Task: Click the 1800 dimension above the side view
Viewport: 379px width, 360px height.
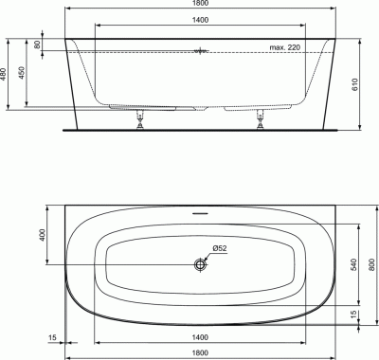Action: pyautogui.click(x=200, y=3)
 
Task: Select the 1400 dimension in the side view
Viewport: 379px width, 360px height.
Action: pyautogui.click(x=200, y=20)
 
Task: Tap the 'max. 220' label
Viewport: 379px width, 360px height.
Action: pyautogui.click(x=284, y=47)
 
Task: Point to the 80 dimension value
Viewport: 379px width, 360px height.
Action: pyautogui.click(x=37, y=45)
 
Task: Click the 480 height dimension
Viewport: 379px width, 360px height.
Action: pyautogui.click(x=3, y=75)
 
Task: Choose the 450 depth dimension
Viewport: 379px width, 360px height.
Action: pyautogui.click(x=22, y=73)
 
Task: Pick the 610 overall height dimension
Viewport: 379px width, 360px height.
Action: pyautogui.click(x=354, y=84)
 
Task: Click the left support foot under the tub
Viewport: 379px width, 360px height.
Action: pyautogui.click(x=140, y=119)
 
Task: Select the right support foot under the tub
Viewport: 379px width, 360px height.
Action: pyautogui.click(x=261, y=119)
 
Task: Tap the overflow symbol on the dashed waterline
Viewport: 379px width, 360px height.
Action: pyautogui.click(x=200, y=51)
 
